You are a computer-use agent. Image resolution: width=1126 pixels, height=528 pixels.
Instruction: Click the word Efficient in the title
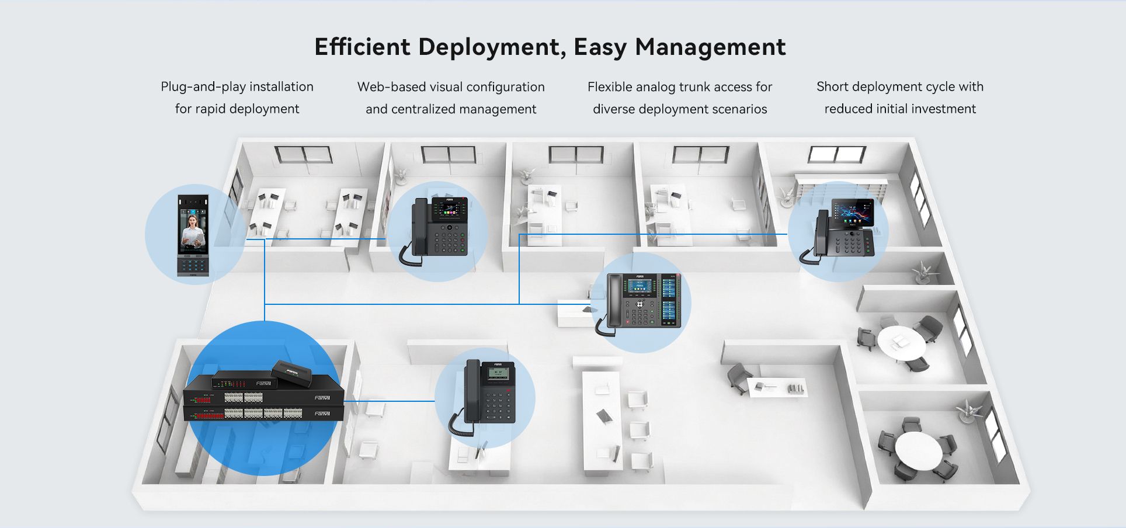(362, 47)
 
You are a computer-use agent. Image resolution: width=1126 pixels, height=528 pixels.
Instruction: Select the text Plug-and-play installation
(237, 87)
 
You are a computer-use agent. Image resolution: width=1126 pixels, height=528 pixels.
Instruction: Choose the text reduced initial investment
(900, 109)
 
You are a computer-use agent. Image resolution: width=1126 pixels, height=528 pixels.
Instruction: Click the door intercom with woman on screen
(193, 235)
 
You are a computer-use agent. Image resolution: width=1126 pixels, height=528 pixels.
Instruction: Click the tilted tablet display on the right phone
(853, 213)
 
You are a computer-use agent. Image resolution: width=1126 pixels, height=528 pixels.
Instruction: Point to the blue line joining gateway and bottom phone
(389, 401)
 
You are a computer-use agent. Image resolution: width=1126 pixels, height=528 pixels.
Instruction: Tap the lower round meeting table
(918, 449)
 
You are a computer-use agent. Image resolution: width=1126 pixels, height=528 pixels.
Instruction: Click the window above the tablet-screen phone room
(836, 155)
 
